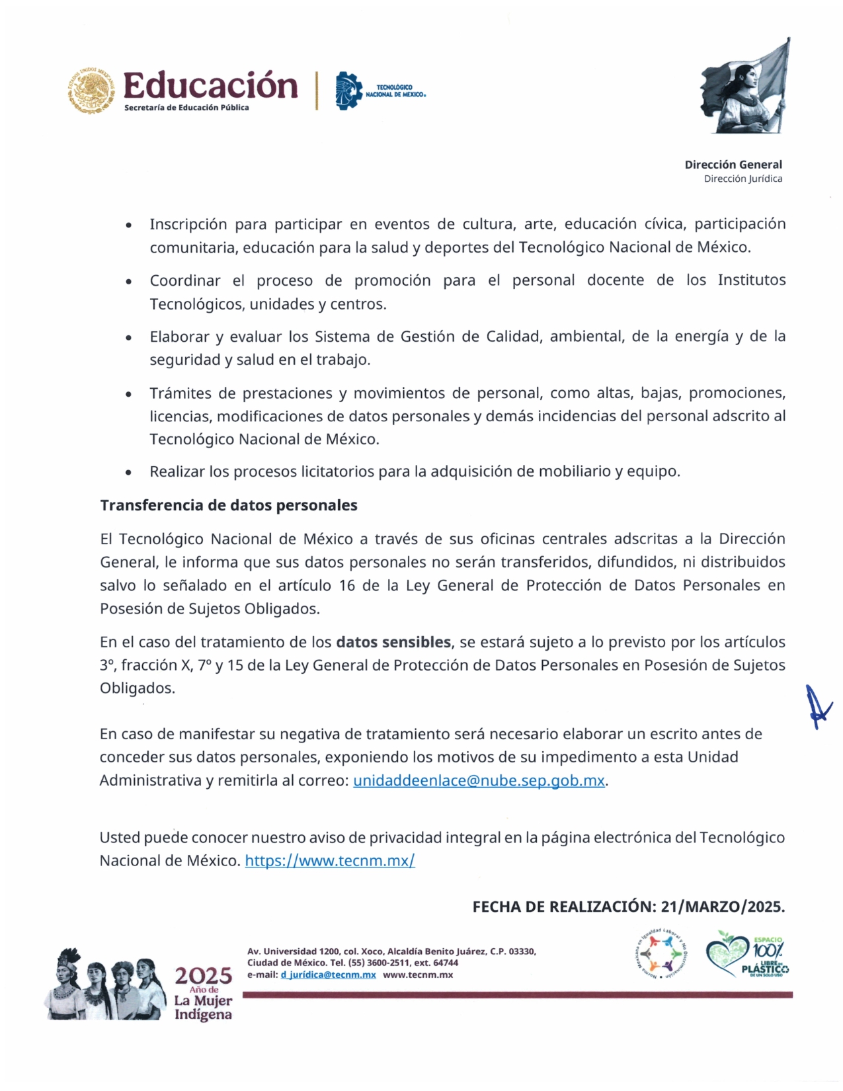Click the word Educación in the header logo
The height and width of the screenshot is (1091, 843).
[210, 86]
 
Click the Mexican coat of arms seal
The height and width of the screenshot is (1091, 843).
[91, 90]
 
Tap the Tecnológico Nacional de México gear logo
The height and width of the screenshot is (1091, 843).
[348, 91]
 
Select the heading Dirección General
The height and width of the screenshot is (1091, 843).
[733, 165]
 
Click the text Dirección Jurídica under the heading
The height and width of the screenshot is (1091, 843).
[743, 179]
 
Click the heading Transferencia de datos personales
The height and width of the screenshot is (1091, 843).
[229, 505]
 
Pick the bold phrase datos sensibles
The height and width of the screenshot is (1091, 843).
[393, 642]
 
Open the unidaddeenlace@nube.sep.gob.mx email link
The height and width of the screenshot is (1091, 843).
[479, 780]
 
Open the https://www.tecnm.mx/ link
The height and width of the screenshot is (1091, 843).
[330, 860]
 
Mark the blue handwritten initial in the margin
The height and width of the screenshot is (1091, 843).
[819, 707]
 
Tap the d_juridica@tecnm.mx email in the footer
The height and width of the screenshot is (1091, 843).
[329, 975]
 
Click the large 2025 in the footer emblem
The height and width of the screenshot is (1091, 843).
[203, 975]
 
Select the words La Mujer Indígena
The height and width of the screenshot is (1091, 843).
[203, 1008]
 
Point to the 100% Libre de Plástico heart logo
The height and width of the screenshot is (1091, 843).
[748, 954]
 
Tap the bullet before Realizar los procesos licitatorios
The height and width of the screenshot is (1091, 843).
[129, 472]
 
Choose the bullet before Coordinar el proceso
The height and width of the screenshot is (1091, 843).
[129, 282]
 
